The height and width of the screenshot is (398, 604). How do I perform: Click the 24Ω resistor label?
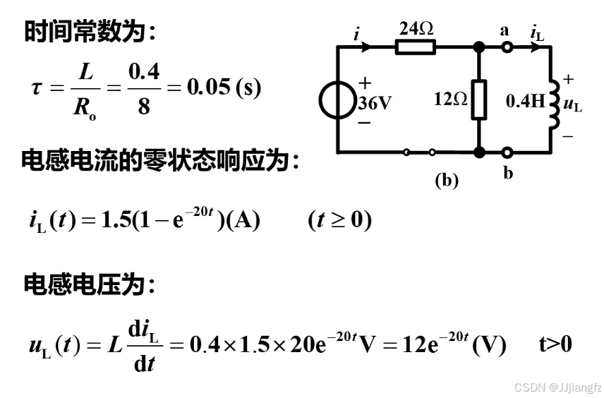pos(416,29)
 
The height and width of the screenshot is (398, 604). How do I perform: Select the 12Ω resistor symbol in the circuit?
pos(479,99)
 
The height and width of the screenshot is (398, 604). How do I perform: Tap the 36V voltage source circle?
pos(339,102)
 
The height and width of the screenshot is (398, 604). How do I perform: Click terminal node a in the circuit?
pos(507,47)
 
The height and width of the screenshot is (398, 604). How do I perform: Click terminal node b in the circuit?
pos(507,152)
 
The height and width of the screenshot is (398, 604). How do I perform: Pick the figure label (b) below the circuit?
pos(446,180)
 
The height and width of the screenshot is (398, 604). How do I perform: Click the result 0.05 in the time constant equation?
pos(208,88)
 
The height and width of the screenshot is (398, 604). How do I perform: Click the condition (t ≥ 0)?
pos(339,220)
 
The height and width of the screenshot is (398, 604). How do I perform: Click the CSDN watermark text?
pos(557,387)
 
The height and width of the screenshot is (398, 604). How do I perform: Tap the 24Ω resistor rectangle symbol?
pos(416,47)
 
